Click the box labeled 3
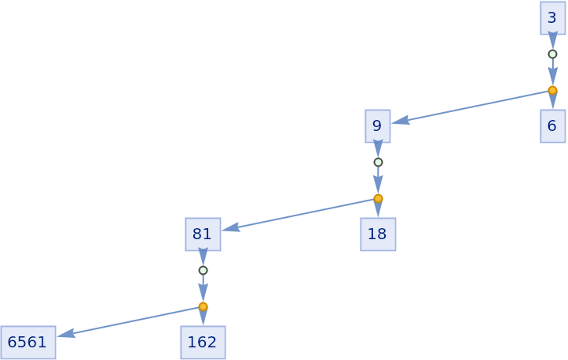tap(552, 17)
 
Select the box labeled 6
tap(552, 126)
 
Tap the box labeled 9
tap(377, 126)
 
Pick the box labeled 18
tap(377, 234)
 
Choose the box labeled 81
tap(203, 234)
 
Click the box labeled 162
tap(203, 342)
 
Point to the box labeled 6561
tap(28, 342)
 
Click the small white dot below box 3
tap(552, 54)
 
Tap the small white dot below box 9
tap(378, 162)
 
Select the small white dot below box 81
tap(203, 270)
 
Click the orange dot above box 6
tap(552, 90)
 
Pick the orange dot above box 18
tap(378, 198)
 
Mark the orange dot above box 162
tap(203, 306)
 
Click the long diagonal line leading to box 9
tap(473, 106)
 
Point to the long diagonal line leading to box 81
tap(300, 214)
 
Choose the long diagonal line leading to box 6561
tap(130, 321)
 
